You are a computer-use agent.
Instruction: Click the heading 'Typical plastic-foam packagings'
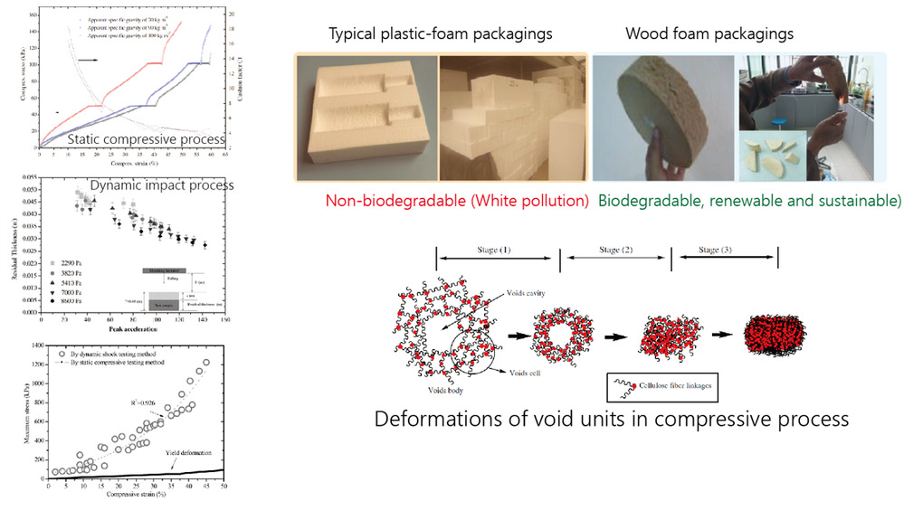click(x=441, y=34)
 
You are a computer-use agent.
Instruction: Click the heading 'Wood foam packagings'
click(x=709, y=34)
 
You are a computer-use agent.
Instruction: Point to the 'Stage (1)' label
click(x=497, y=249)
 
